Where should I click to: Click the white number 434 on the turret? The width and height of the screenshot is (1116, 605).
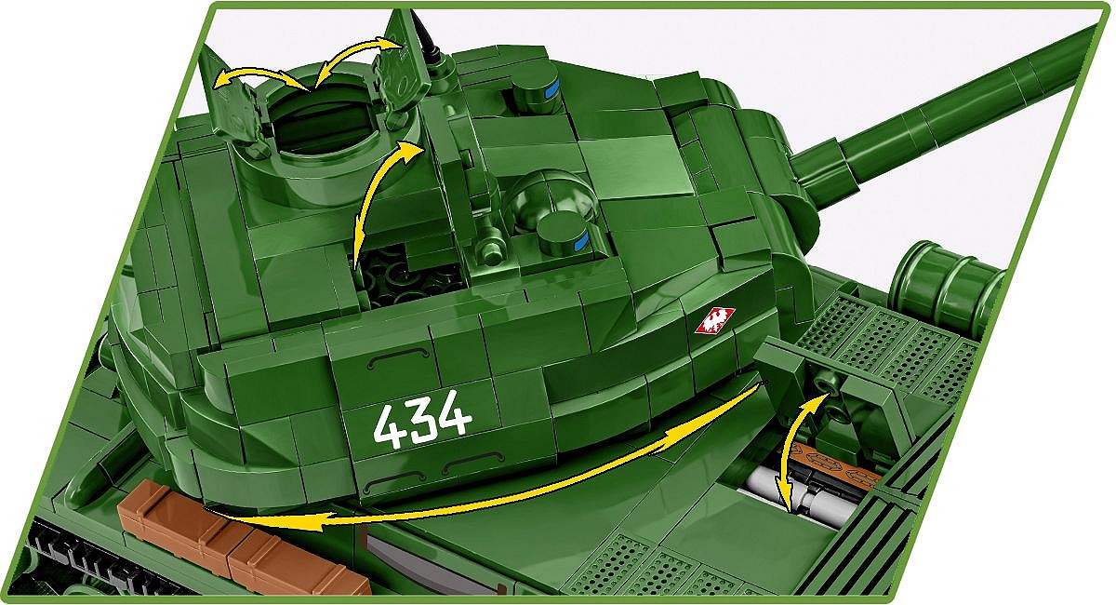[x=422, y=420]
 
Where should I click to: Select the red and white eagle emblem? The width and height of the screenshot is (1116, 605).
[x=714, y=321]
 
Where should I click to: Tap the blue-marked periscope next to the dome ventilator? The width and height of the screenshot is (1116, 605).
[x=564, y=235]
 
